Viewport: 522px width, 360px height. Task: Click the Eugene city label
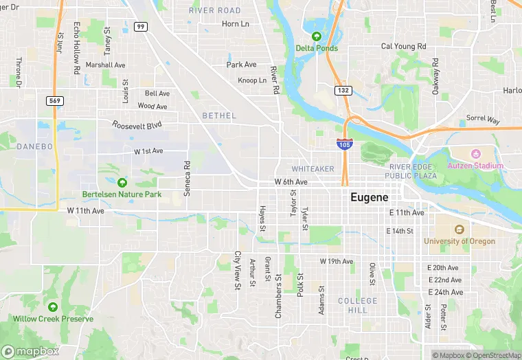374,196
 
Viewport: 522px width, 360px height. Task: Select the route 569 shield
55,100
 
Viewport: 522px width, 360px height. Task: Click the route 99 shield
141,27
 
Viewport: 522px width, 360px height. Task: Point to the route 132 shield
343,91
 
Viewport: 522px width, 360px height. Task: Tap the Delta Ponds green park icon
317,36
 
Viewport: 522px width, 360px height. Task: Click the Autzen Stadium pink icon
475,153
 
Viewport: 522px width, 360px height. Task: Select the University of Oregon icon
459,229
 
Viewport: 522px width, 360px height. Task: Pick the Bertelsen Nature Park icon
122,182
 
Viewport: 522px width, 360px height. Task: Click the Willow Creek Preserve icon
53,306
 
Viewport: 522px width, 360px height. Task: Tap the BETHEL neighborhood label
219,116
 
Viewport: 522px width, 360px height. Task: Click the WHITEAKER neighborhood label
313,169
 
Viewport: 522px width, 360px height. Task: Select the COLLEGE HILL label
357,306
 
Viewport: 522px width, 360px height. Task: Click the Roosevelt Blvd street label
137,125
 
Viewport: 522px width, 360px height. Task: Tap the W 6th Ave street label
291,182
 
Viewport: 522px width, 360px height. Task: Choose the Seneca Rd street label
187,179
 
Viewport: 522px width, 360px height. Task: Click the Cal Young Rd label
404,46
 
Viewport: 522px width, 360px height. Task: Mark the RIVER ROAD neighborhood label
215,10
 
